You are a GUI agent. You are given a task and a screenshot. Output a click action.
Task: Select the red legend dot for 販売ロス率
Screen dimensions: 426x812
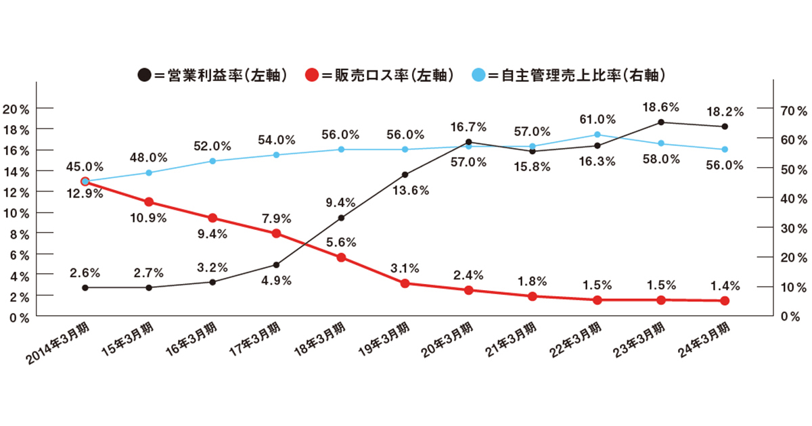tap(312, 74)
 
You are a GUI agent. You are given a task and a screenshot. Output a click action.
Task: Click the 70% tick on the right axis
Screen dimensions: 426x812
tap(792, 110)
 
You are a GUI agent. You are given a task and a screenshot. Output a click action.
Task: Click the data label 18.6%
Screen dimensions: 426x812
tap(660, 106)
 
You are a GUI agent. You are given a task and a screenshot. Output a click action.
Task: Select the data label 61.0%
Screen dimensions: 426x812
tap(597, 119)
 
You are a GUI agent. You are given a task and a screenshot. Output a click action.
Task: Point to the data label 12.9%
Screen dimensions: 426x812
tap(85, 194)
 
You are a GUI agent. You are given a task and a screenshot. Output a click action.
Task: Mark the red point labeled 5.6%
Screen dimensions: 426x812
tap(341, 257)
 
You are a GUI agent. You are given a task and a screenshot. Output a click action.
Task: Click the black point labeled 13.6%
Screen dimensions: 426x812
tap(405, 174)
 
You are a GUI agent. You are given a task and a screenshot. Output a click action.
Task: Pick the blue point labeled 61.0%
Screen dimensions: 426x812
tap(597, 135)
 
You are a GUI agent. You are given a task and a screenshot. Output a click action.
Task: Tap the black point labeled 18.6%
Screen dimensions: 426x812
tap(660, 122)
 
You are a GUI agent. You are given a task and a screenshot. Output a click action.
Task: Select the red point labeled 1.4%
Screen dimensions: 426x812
tap(724, 300)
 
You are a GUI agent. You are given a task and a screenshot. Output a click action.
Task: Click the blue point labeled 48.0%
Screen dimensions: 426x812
tap(149, 172)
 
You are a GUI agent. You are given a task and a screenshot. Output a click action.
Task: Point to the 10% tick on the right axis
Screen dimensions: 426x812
tap(792, 287)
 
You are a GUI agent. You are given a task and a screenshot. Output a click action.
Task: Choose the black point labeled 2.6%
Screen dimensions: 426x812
tap(85, 287)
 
